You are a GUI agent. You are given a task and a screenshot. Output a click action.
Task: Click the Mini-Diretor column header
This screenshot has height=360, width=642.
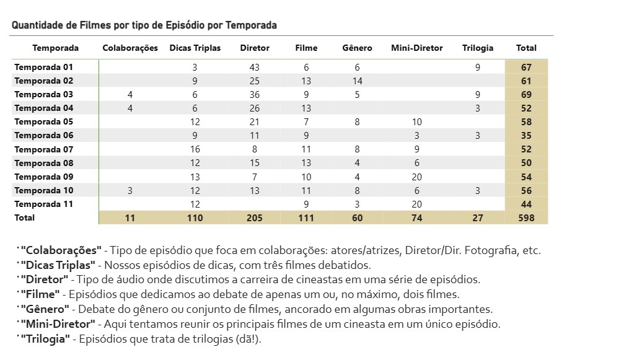point(416,48)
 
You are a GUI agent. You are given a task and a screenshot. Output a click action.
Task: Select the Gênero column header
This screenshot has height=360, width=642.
point(357,48)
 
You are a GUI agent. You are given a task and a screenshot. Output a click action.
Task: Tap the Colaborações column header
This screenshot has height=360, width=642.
point(130,48)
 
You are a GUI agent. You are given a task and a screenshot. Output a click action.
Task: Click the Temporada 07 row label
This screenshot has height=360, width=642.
point(44,149)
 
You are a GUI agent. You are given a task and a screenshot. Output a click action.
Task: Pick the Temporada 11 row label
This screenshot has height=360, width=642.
point(44,204)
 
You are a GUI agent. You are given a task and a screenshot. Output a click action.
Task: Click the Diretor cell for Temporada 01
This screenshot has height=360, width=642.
point(254,67)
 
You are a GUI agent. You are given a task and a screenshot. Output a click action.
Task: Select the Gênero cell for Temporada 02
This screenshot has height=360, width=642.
point(357,81)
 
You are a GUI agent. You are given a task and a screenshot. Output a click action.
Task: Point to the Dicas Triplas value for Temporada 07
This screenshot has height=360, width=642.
point(195,149)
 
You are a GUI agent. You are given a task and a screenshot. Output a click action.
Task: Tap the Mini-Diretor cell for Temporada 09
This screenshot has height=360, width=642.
point(416,177)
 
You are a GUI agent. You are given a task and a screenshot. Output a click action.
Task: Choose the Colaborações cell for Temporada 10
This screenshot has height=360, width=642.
point(130,190)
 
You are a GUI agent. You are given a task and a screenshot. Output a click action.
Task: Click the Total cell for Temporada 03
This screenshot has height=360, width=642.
point(527,94)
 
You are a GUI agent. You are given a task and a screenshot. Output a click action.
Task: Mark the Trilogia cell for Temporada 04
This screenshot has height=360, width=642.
point(477,108)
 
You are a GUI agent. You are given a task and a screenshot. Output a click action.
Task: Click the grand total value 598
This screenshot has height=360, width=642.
point(527,217)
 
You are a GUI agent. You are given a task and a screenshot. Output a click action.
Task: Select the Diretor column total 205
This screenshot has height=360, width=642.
point(254,217)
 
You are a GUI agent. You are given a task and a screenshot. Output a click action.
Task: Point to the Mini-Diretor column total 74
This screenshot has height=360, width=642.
point(416,217)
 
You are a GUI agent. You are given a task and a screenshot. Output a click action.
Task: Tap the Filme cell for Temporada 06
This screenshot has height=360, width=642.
point(306,135)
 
